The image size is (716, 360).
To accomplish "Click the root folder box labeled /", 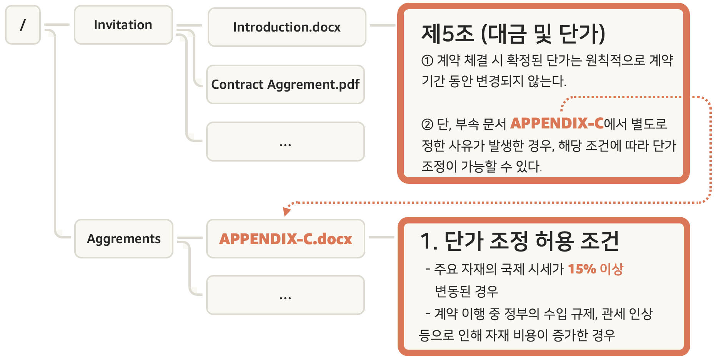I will [23, 25].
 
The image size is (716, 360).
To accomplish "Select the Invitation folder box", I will [123, 25].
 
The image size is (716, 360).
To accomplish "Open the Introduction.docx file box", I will [286, 27].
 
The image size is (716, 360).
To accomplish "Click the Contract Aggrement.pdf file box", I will [285, 84].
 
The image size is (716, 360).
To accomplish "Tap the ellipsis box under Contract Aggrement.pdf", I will [285, 142].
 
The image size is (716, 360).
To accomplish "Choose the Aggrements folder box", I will [123, 238].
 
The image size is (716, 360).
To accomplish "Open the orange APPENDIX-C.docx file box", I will [285, 238].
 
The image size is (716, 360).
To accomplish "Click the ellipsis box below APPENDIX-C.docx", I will [285, 295].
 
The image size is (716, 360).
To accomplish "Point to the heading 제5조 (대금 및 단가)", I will [513, 34].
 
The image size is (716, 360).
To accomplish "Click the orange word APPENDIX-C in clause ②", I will [557, 123].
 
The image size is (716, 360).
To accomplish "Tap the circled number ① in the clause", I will [427, 61].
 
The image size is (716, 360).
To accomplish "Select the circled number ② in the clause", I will [427, 124].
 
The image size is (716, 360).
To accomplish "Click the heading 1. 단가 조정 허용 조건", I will [520, 241].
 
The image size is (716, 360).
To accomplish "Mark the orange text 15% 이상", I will [595, 269].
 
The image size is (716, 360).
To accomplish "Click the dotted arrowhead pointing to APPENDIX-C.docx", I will [286, 211].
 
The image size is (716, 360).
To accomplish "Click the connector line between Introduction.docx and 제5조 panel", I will [382, 25].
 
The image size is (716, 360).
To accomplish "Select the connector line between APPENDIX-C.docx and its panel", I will [381, 237].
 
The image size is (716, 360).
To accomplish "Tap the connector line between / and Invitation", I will [57, 25].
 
